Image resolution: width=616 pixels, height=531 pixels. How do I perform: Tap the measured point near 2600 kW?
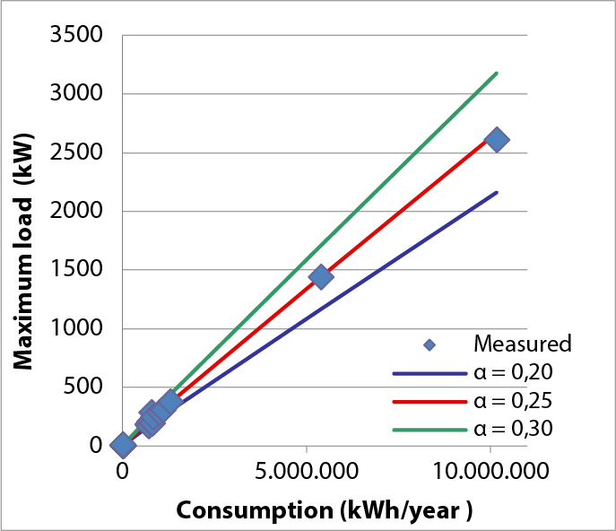click(x=496, y=140)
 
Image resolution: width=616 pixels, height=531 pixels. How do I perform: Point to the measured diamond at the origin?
click(x=123, y=444)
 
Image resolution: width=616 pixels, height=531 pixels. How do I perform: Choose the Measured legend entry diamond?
click(x=429, y=344)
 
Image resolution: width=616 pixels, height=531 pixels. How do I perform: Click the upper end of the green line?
click(x=496, y=74)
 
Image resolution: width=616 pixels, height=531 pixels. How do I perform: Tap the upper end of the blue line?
click(x=496, y=192)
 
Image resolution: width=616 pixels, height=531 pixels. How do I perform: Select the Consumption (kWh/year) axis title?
click(x=324, y=509)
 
